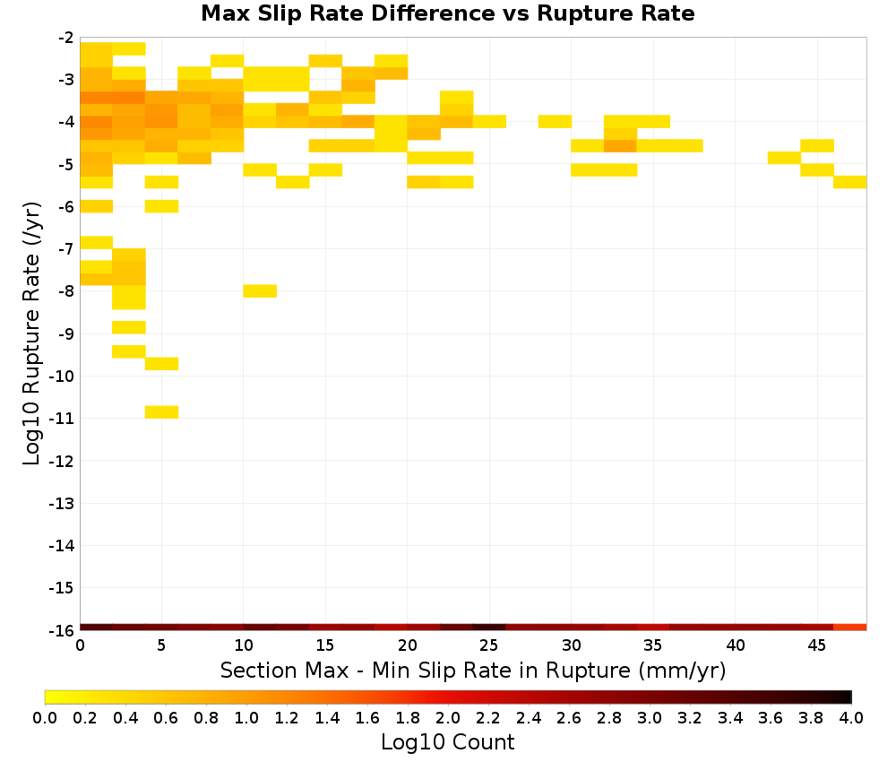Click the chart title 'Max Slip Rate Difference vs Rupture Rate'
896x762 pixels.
coord(447,13)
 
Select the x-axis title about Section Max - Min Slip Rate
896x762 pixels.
coord(473,670)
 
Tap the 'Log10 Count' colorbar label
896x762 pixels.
coord(447,742)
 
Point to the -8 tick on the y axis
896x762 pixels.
coord(66,291)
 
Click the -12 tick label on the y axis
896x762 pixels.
coord(62,461)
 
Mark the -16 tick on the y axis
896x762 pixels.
coord(62,630)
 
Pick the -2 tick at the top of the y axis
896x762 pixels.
coord(66,38)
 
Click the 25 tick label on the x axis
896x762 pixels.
coord(489,645)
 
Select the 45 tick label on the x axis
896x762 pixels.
coord(817,645)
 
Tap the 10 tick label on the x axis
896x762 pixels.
coord(244,645)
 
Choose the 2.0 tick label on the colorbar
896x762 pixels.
coord(448,717)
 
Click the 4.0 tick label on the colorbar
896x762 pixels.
coord(851,717)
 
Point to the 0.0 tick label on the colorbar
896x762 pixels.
coord(45,717)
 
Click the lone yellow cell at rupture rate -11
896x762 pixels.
coord(161,412)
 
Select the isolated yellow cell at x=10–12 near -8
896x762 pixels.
coord(260,291)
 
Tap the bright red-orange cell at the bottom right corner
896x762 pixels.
coord(850,628)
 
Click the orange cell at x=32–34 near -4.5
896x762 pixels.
coord(621,146)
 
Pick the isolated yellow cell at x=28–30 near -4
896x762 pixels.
coord(555,121)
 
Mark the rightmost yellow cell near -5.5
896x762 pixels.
coord(850,182)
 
